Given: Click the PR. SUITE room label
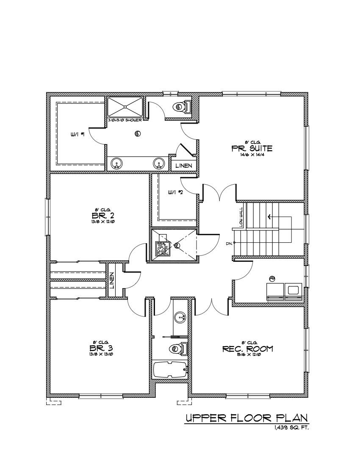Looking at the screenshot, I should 252,148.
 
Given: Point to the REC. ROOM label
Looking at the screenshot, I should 248,349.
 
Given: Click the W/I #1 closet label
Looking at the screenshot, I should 78,134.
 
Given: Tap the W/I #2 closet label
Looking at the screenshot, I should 174,192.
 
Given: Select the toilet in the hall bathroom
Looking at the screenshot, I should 178,348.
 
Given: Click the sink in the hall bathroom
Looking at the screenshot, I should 181,317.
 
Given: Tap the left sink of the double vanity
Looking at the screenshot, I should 117,162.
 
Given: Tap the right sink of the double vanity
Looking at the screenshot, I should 159,162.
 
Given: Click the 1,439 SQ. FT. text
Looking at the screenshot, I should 292,428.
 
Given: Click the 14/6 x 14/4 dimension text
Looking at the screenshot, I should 252,155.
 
